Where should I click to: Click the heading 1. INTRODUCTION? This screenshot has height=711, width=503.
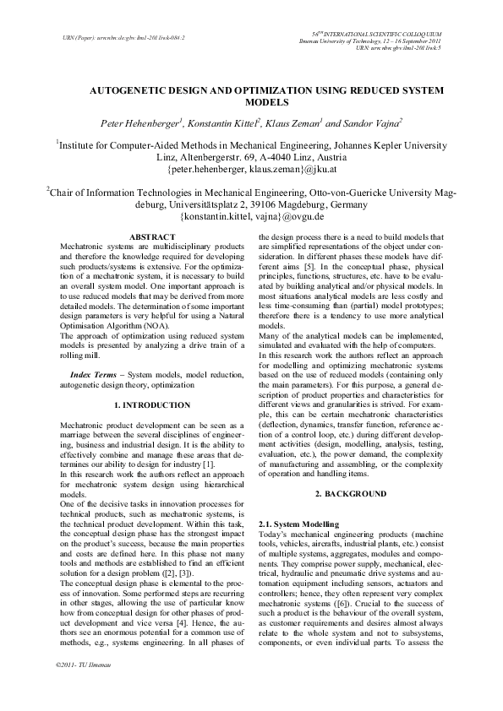151,405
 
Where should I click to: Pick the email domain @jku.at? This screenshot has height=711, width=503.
319,170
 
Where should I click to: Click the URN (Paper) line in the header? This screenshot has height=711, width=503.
118,38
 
